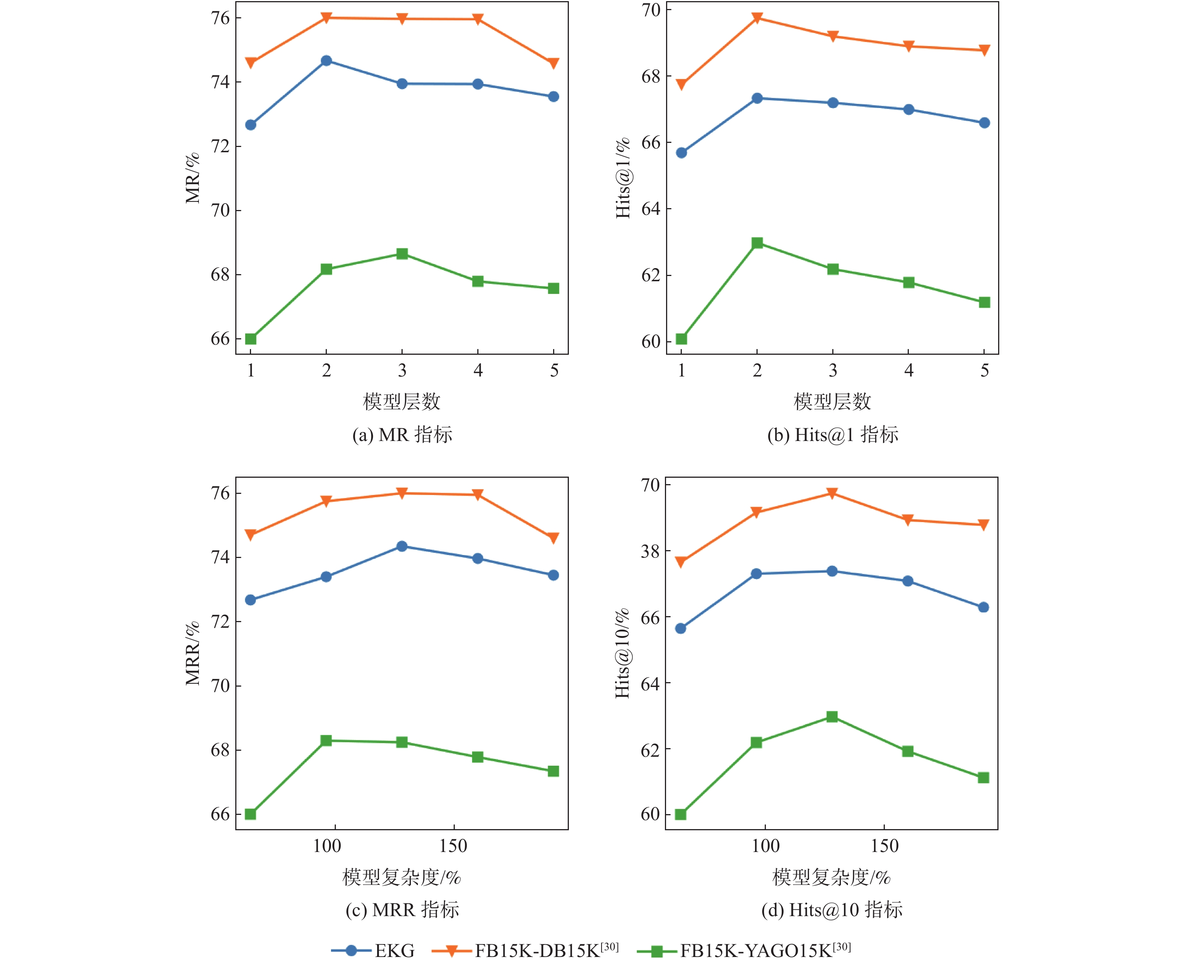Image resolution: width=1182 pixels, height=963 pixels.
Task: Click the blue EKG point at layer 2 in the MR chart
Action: [x=326, y=60]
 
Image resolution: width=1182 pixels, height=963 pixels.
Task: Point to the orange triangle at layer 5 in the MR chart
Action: [x=553, y=63]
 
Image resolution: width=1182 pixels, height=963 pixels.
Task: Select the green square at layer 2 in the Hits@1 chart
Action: [x=757, y=243]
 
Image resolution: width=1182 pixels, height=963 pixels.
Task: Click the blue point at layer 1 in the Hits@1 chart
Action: [x=681, y=153]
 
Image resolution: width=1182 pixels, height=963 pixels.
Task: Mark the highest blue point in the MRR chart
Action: [x=402, y=546]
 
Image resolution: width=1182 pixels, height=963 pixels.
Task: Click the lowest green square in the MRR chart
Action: [x=250, y=814]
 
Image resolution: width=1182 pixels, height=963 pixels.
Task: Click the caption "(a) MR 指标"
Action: [x=402, y=434]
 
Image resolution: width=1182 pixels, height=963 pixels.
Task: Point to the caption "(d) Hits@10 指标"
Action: [x=831, y=910]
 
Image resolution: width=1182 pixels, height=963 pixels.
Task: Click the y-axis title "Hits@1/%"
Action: [x=623, y=177]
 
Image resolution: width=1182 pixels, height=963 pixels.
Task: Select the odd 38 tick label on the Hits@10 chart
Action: [x=650, y=551]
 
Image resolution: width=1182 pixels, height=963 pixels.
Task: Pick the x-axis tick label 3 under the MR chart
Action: [x=402, y=370]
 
